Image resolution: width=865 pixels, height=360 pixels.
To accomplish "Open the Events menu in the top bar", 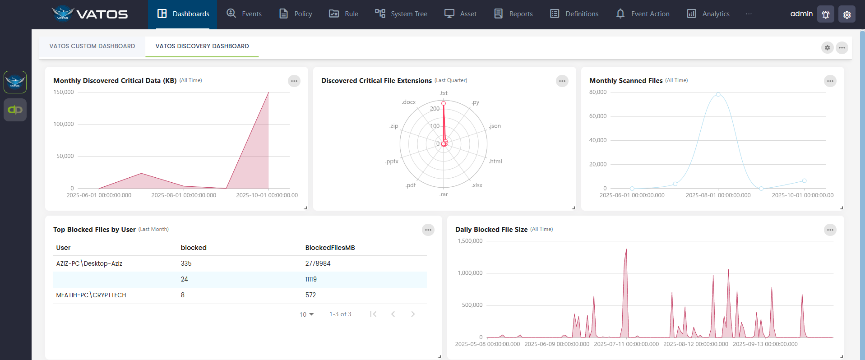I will [x=244, y=14].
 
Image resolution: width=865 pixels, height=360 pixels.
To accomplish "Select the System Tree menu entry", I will [x=401, y=14].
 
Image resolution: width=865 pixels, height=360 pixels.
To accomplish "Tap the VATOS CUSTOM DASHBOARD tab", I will [x=92, y=46].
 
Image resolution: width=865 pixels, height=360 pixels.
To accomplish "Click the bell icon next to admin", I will [x=825, y=14].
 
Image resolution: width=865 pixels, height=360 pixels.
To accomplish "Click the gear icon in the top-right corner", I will [x=846, y=14].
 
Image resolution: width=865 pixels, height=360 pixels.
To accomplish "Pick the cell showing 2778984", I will [x=318, y=263].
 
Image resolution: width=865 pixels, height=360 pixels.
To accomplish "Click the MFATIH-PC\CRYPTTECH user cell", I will [x=91, y=295].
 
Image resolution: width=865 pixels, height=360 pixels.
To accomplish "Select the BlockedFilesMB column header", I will [x=330, y=248].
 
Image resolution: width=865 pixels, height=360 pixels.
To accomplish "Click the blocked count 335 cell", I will [x=186, y=263].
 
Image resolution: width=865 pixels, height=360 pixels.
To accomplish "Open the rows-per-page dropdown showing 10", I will [x=306, y=314].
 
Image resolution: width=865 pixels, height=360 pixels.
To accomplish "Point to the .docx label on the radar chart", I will [x=408, y=102].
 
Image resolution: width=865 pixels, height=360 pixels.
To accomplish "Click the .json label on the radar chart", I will [x=495, y=126].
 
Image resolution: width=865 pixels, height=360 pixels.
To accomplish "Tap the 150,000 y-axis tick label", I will [x=64, y=92].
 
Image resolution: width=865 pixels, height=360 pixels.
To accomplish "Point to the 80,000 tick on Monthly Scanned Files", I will [x=597, y=92].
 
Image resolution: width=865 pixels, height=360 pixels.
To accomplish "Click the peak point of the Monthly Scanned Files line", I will [x=718, y=94].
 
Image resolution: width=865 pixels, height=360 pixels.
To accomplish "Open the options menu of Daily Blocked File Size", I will [x=830, y=230].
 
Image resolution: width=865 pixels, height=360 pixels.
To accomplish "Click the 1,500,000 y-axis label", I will [x=470, y=241].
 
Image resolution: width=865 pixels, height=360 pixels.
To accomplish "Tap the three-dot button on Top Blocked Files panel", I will [x=428, y=230].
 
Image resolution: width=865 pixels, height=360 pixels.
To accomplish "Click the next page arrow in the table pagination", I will [x=412, y=314].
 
